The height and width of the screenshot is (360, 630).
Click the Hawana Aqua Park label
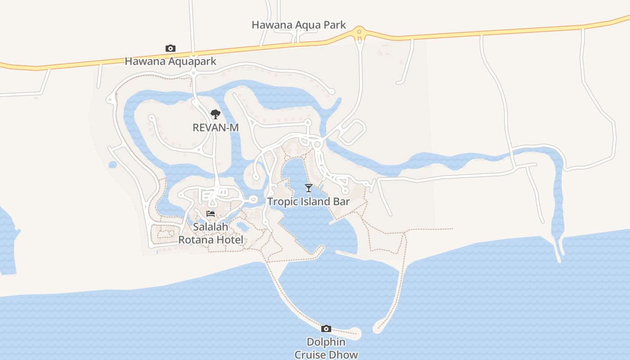coord(299,25)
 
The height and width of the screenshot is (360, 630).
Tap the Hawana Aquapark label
coord(171,61)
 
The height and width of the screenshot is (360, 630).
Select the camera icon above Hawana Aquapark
coord(171,48)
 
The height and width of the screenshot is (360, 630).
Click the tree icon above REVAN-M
coord(216,114)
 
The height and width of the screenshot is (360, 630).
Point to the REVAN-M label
coord(216,128)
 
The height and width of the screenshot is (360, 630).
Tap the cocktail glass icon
coord(309,188)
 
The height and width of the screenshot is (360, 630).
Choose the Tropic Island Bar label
coord(309,202)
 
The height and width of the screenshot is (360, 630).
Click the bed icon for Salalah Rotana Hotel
coord(211,214)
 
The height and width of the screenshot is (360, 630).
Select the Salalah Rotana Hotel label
coord(211,234)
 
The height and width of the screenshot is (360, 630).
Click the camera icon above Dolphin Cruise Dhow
coord(326,329)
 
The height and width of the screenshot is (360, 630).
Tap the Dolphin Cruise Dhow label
coord(326,348)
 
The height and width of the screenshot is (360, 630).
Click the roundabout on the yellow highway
coord(359,32)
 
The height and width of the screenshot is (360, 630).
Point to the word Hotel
coord(227,240)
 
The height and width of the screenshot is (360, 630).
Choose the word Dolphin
coord(326,342)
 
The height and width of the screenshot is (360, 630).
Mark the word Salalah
coord(211,227)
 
